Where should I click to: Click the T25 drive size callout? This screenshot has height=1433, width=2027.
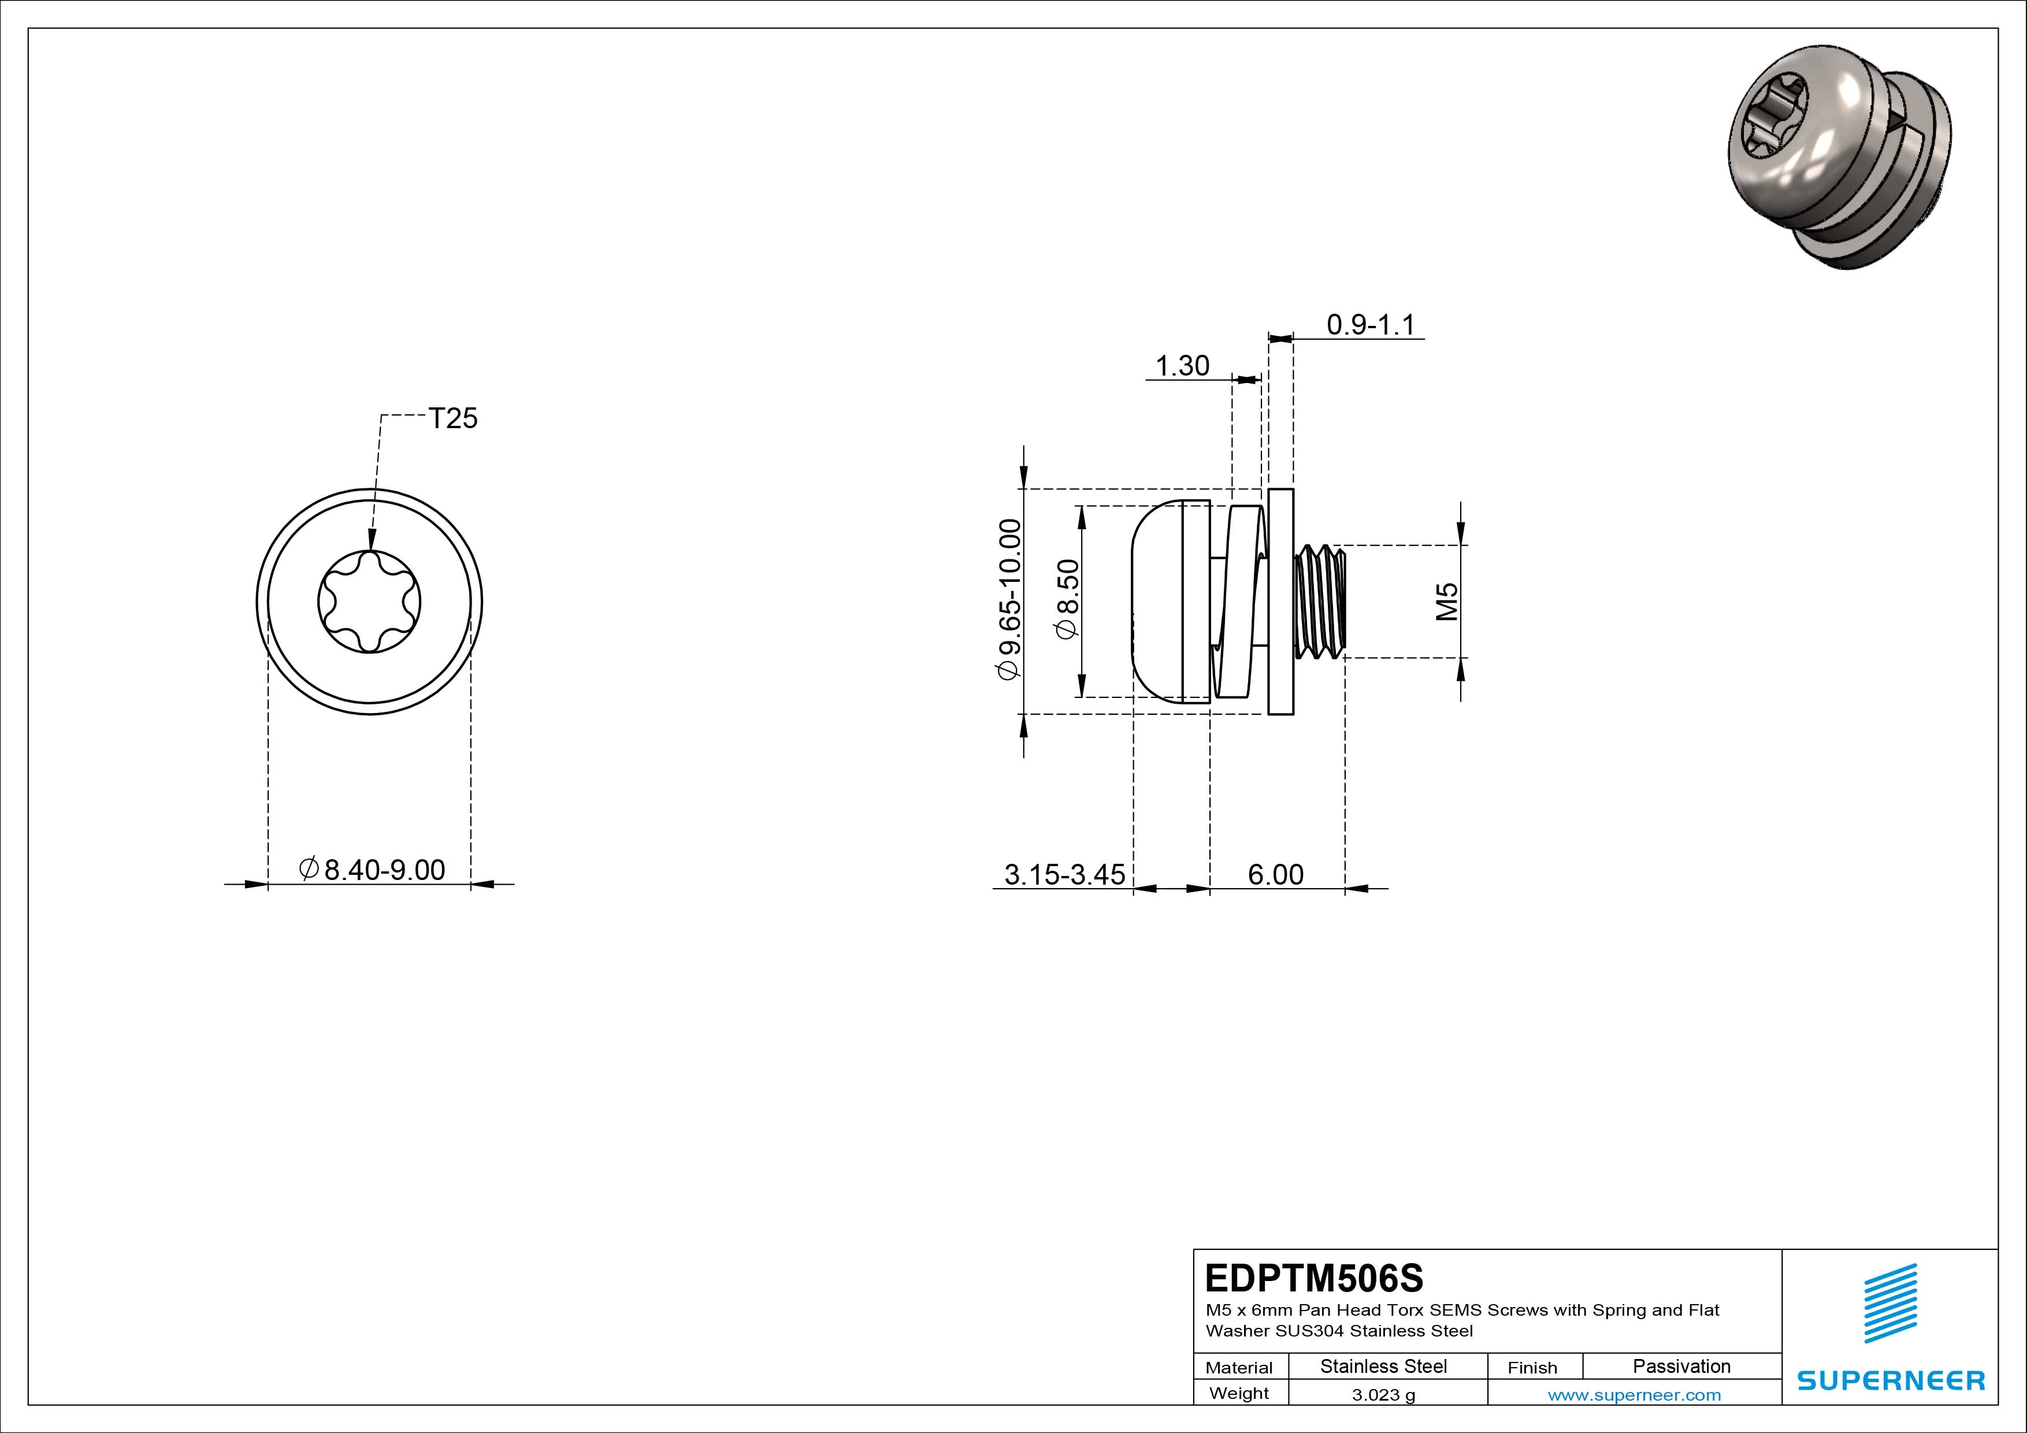pos(453,418)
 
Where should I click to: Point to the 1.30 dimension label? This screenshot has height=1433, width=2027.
pos(1182,366)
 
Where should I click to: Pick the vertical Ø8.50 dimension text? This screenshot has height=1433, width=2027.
pos(1067,600)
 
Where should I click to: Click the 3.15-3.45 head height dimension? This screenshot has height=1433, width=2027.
pos(1065,874)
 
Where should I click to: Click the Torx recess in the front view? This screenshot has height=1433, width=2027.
pos(369,602)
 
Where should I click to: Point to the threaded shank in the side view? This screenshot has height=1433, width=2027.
pos(1321,602)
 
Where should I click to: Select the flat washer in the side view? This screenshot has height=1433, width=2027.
pos(1281,602)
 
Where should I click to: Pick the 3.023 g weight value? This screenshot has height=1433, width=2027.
pos(1383,1395)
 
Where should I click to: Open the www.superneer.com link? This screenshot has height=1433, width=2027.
pos(1634,1395)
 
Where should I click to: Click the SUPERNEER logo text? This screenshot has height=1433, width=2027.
pos(1891,1380)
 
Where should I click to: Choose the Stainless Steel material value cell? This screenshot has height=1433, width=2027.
pos(1383,1366)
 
